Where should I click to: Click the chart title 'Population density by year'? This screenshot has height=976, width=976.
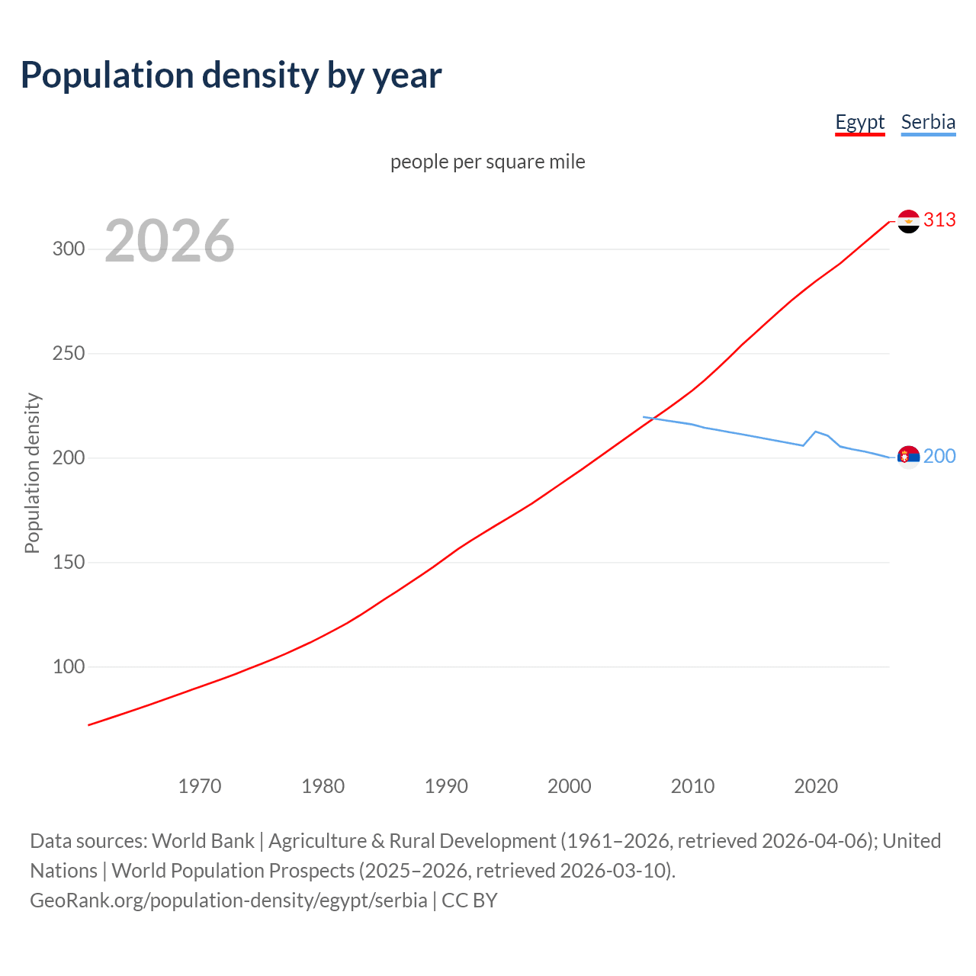tap(231, 75)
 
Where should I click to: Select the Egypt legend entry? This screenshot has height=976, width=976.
tap(859, 122)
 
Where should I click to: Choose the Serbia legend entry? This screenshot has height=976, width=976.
tap(928, 122)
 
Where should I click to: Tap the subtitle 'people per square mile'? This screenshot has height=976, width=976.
tap(487, 162)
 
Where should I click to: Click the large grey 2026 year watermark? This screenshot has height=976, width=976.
tap(169, 241)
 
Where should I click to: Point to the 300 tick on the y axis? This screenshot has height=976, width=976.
tap(69, 249)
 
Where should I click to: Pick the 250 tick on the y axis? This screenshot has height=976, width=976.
tap(69, 354)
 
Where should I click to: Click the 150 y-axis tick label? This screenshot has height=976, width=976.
tap(69, 563)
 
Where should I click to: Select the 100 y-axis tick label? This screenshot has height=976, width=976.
tap(69, 667)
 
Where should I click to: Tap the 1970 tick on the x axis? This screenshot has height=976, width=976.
tap(200, 786)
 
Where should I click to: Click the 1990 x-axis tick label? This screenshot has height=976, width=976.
tap(446, 786)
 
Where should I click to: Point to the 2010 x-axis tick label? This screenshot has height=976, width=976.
tap(692, 786)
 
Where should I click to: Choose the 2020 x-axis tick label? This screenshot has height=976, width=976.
tap(816, 786)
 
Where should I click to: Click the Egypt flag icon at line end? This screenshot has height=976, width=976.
tap(908, 221)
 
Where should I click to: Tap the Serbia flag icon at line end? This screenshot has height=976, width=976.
tap(908, 457)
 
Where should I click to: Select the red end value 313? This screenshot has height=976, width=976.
tap(939, 220)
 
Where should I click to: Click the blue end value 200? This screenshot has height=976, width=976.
tap(939, 457)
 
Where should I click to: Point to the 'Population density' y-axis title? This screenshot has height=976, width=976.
tap(32, 473)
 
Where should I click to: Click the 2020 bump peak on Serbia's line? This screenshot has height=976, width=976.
tap(816, 432)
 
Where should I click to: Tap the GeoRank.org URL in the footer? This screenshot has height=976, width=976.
tap(229, 901)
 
